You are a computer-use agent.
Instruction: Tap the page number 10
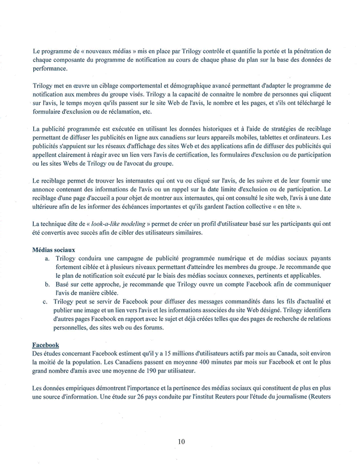(x=180, y=442)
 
